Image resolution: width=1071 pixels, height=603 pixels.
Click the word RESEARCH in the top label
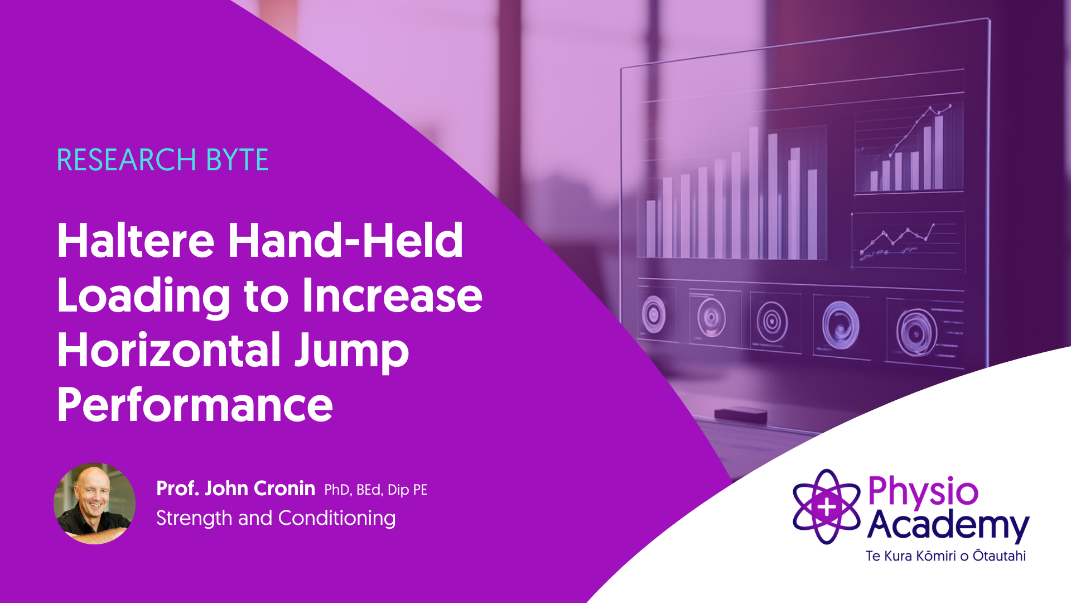coord(127,160)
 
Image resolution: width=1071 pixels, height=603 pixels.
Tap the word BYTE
coord(237,160)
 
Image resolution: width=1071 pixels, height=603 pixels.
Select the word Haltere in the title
coord(136,241)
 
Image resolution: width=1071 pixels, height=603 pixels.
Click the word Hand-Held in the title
coord(346,241)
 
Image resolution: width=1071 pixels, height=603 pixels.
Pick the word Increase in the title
coord(392,295)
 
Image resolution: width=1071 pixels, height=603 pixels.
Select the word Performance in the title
coord(195,405)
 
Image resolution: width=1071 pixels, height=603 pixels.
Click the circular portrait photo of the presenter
coord(94,504)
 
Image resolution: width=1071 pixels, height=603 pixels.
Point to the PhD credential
coord(337,490)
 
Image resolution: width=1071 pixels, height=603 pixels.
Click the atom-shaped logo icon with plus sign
coord(827,506)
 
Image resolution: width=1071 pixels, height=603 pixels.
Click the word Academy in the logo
coord(948,525)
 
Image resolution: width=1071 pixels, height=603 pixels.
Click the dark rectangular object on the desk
coord(741,414)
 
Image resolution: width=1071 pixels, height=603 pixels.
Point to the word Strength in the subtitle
coord(194,519)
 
